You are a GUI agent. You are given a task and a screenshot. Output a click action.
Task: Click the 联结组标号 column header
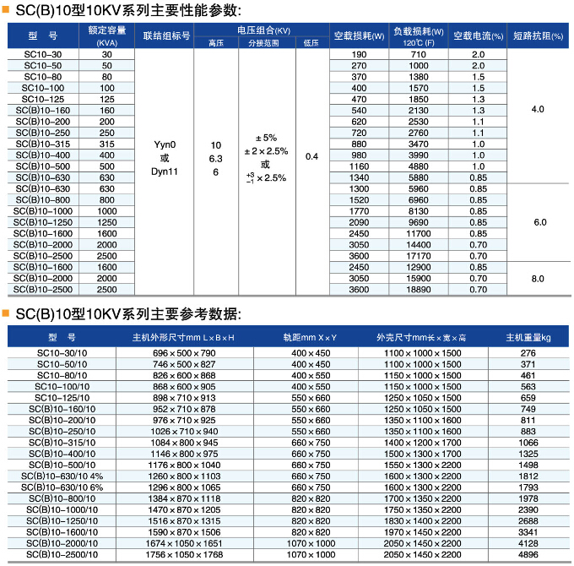click(165, 36)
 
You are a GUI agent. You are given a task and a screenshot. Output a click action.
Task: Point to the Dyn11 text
click(165, 171)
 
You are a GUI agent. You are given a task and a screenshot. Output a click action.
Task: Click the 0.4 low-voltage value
click(311, 156)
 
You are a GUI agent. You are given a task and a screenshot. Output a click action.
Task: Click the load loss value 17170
click(419, 255)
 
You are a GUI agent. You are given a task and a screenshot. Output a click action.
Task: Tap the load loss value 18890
click(419, 289)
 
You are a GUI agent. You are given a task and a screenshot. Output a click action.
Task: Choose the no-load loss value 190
click(359, 54)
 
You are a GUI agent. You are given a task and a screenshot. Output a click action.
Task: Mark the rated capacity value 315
click(106, 144)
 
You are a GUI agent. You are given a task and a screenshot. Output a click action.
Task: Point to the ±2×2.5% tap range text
click(266, 150)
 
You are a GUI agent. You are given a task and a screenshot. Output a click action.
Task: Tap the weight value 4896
click(528, 556)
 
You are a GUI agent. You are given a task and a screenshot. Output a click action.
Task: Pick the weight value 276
click(528, 352)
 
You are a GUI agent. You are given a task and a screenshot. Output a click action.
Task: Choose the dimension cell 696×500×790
click(184, 352)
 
